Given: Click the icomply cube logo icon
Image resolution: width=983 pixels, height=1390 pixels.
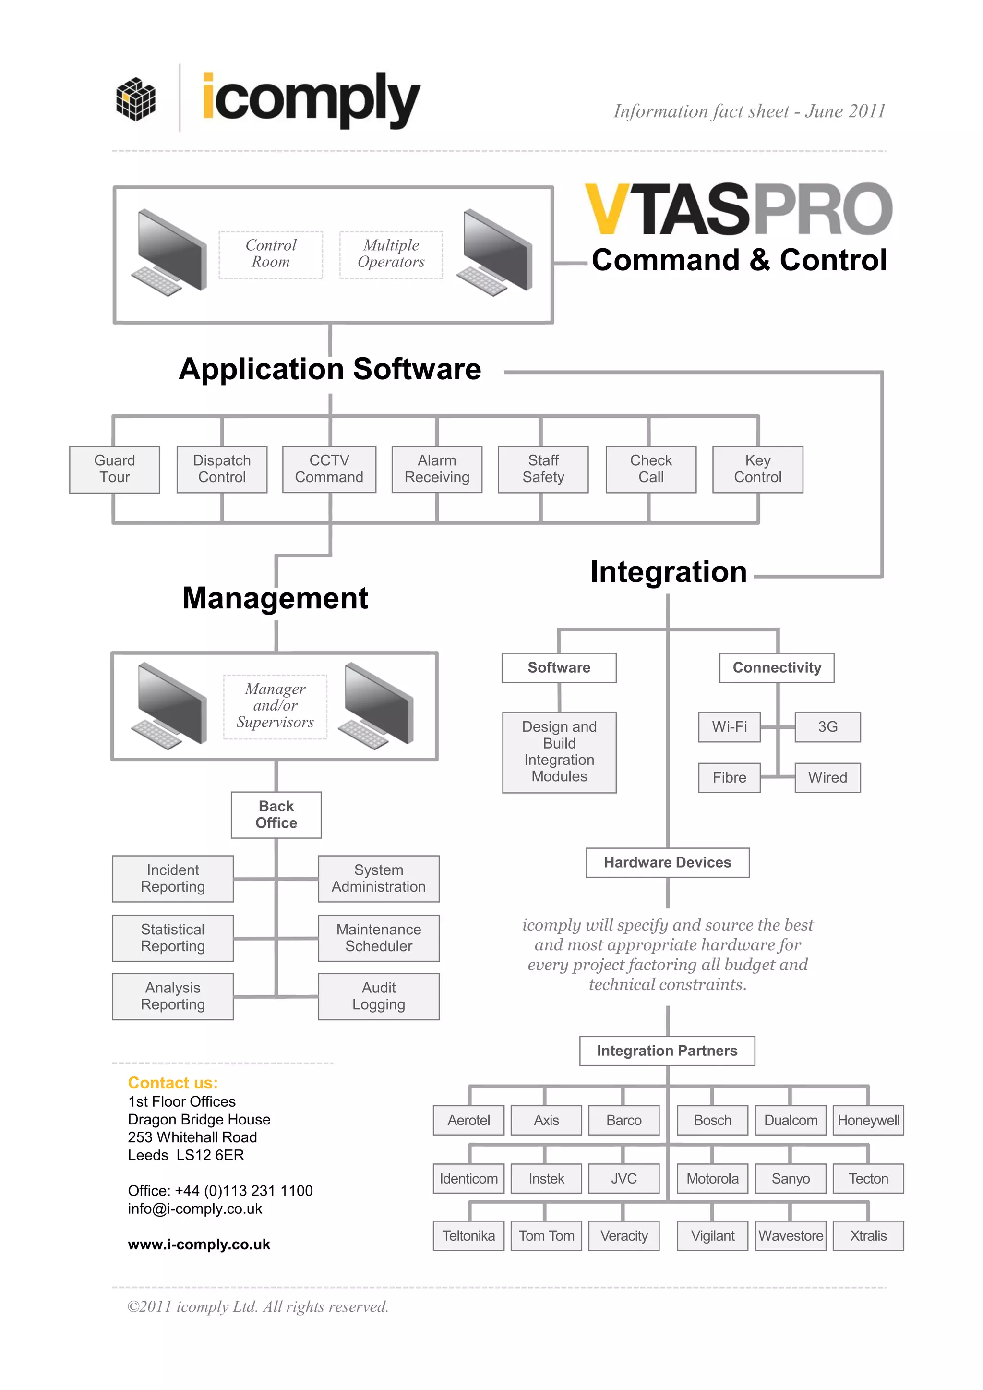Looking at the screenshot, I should click(x=135, y=99).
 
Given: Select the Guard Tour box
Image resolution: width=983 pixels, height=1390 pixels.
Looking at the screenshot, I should click(x=114, y=469).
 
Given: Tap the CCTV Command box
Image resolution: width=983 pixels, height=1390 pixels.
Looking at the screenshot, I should click(x=329, y=469).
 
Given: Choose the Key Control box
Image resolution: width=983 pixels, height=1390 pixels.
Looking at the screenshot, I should click(x=758, y=469).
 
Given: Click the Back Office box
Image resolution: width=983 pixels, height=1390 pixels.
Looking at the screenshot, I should click(x=276, y=815).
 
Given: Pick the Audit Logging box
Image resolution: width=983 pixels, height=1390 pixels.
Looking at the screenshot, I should click(x=379, y=996).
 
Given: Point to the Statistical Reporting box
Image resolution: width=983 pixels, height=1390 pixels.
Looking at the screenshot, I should click(x=173, y=938).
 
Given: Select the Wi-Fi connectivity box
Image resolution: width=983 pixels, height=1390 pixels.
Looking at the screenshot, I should click(x=730, y=727).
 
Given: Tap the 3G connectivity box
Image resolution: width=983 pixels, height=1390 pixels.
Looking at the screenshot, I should click(x=827, y=727).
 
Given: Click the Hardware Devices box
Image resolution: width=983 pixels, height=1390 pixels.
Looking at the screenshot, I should click(x=668, y=863).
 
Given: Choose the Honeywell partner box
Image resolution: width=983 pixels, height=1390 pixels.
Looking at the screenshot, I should click(x=868, y=1121).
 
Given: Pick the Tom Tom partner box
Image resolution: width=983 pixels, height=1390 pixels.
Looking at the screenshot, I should click(x=547, y=1236).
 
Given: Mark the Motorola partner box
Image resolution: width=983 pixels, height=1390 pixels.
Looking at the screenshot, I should click(x=712, y=1179).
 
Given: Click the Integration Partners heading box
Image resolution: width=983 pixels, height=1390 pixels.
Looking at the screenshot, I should click(x=667, y=1051).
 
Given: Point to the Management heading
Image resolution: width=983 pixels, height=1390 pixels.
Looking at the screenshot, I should click(x=276, y=599).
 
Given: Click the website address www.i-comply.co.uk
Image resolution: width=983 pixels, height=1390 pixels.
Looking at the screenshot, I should click(x=199, y=1245).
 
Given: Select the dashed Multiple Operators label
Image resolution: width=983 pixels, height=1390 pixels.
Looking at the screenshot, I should click(x=391, y=254).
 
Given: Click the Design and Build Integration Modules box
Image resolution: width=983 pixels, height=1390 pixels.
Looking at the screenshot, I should click(x=559, y=752).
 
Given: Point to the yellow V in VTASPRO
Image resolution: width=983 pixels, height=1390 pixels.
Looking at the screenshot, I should click(x=608, y=209).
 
